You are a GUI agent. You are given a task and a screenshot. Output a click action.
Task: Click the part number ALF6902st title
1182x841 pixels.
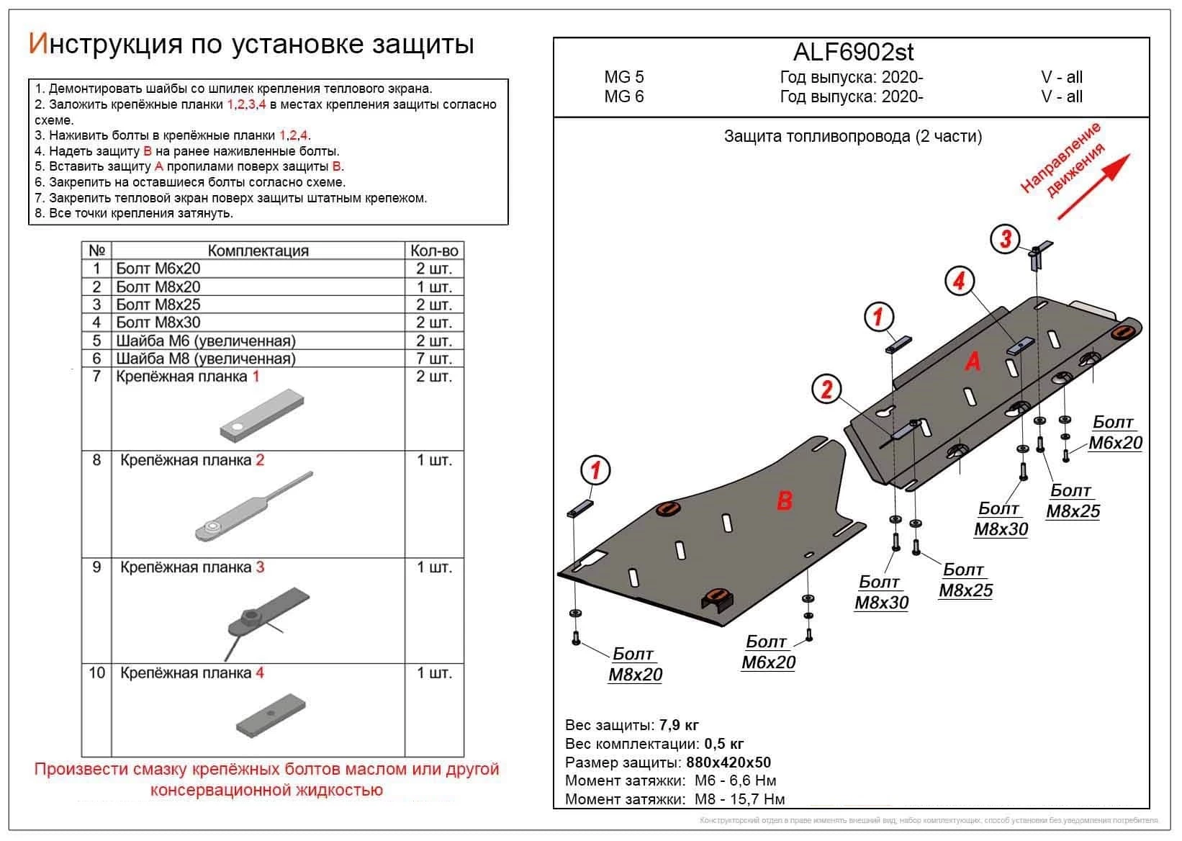[853, 52]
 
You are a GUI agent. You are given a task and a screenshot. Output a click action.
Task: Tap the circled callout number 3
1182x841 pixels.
[1005, 238]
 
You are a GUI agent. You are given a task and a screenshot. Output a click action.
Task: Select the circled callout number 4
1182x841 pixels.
[958, 281]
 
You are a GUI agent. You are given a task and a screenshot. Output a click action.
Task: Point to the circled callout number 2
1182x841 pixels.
[826, 390]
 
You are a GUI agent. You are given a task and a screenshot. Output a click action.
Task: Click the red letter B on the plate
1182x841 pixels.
[784, 500]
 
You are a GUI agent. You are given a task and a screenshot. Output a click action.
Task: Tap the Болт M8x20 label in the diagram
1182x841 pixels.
[634, 665]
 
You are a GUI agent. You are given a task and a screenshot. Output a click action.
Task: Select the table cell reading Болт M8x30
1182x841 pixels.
[158, 323]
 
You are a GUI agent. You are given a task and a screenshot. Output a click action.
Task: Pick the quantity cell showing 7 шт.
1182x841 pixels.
[434, 359]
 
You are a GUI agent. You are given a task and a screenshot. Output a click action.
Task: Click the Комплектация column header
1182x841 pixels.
[258, 251]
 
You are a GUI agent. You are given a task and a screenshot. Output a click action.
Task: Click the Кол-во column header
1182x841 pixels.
[434, 251]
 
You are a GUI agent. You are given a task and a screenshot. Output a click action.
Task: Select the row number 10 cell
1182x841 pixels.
[96, 673]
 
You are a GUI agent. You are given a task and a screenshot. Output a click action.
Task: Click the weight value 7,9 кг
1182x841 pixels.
[678, 725]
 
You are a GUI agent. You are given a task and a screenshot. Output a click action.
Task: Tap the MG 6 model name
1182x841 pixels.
[624, 96]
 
